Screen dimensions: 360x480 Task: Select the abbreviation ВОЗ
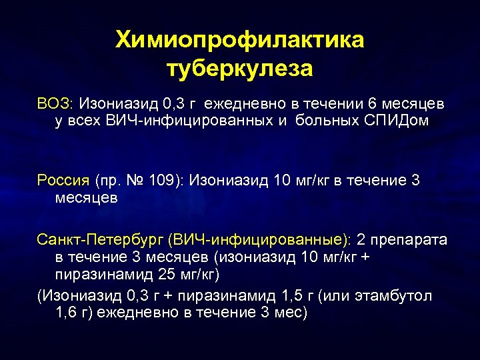[57, 105]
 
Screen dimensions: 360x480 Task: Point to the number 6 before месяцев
[372, 105]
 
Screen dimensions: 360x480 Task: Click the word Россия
[63, 180]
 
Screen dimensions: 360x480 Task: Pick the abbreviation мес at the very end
[290, 313]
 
